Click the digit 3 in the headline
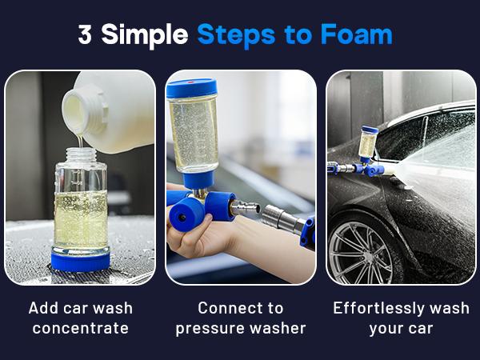coord(85,34)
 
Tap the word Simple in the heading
coord(145,36)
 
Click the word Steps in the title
coord(236,36)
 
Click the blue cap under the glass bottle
coord(81,261)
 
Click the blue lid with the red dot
coord(192,88)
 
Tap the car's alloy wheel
coord(362,253)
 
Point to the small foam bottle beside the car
coord(368,143)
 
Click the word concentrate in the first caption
coord(81,329)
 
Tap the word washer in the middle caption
coord(278,329)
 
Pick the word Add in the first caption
coord(43,308)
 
